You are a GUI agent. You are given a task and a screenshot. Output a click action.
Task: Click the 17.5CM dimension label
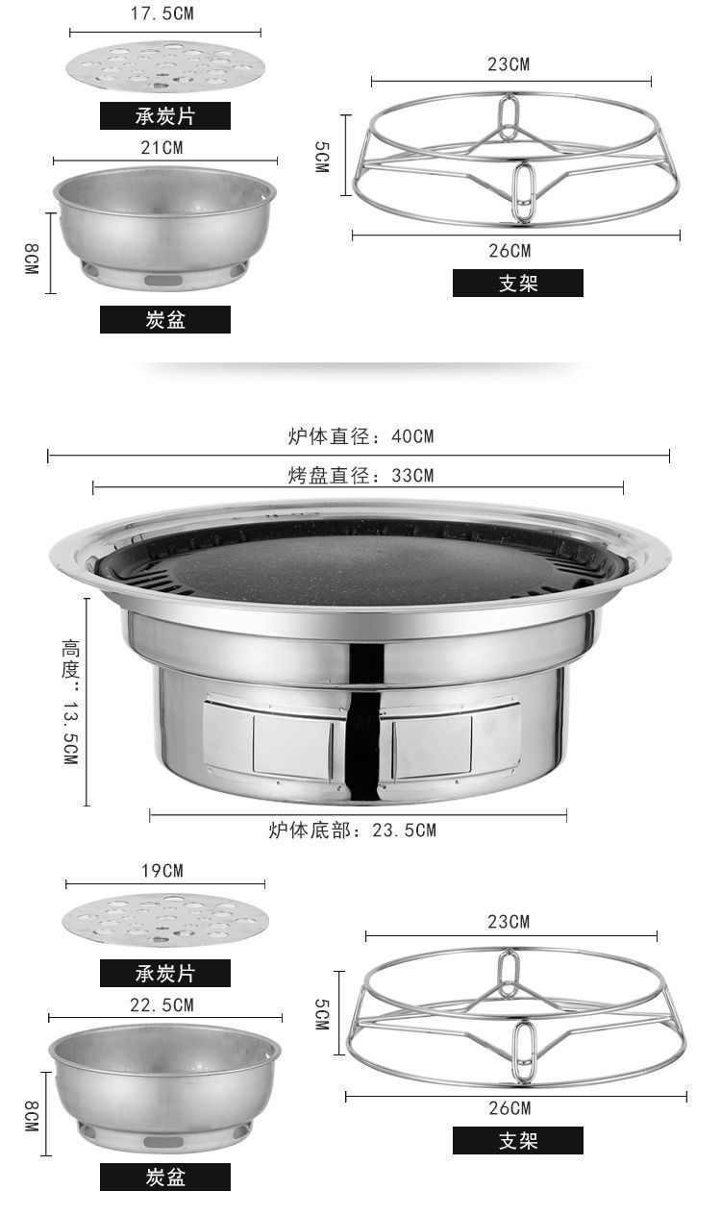162,13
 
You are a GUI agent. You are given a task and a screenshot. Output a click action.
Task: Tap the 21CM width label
162,147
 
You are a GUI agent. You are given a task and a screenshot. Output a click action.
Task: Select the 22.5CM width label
162,1005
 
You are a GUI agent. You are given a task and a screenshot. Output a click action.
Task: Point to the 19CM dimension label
162,871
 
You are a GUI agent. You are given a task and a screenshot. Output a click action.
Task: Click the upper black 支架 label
518,284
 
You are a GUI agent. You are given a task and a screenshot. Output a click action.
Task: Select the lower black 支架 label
518,1140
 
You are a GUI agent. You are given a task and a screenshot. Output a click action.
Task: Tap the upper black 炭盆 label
165,319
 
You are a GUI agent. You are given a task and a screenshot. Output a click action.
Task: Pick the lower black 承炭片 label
165,973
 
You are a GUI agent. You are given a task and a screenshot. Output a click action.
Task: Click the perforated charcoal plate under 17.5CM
165,66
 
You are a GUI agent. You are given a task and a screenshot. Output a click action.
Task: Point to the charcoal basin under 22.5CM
165,1087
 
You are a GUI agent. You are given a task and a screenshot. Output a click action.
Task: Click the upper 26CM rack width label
510,251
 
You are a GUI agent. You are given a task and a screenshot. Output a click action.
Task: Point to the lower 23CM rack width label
509,921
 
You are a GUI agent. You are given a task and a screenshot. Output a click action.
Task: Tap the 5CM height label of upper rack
322,157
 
